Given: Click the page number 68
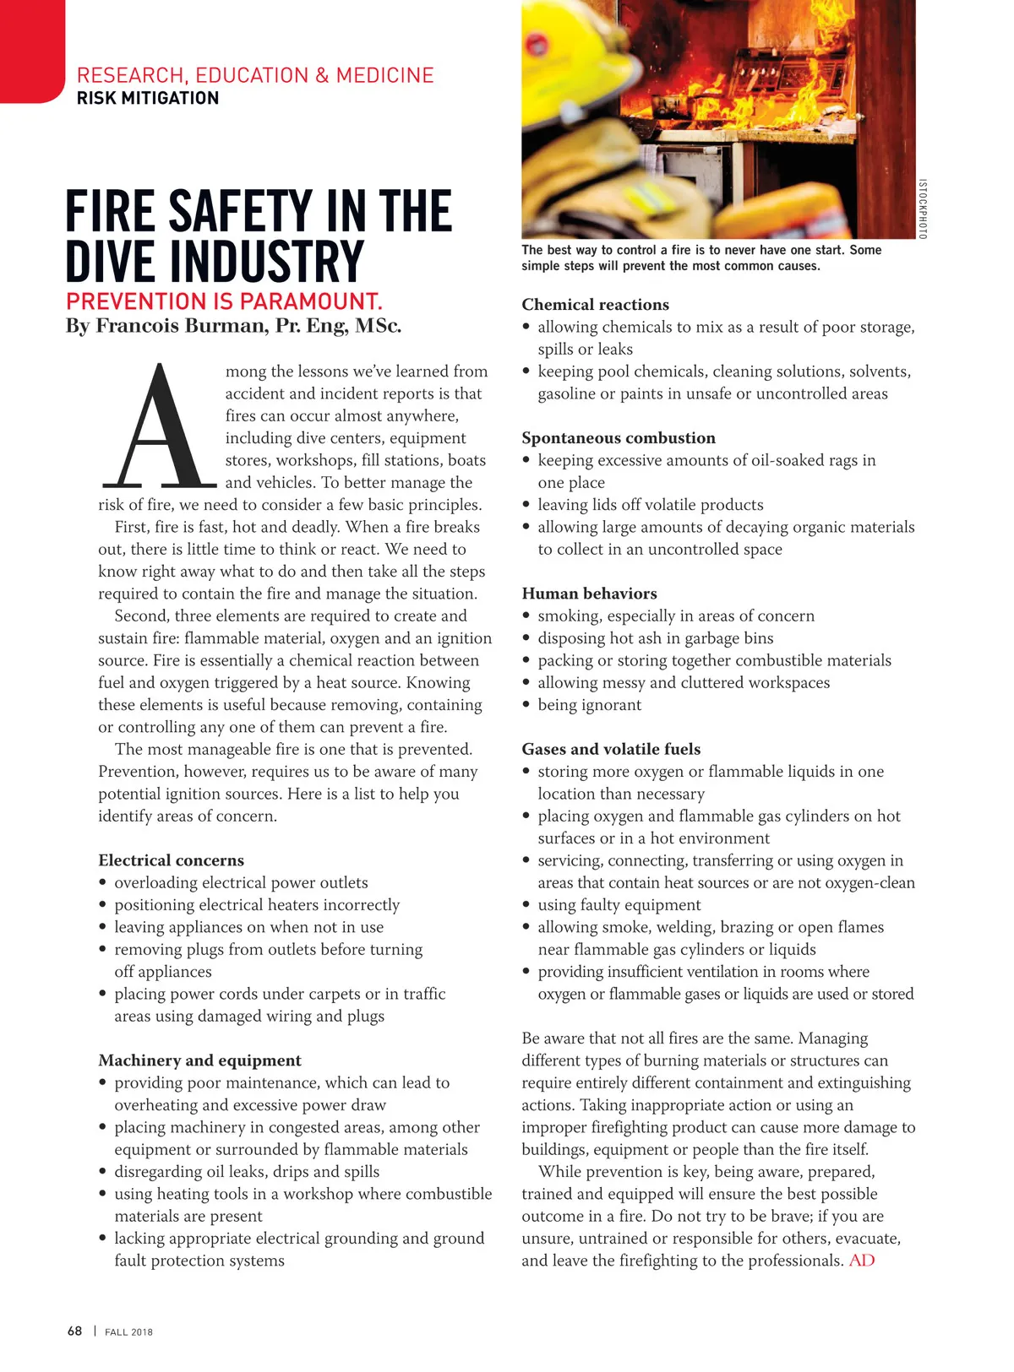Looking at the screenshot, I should coord(75,1331).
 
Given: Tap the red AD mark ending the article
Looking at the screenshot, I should coord(862,1261).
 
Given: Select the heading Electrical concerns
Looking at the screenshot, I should coord(171,860).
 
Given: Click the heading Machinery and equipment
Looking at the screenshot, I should coord(199,1060).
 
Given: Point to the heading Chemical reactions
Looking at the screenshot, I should coord(595,305).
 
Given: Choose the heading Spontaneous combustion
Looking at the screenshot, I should coord(619,438).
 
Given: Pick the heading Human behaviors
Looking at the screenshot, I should coord(589,594).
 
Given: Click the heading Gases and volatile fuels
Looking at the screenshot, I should coord(611,749).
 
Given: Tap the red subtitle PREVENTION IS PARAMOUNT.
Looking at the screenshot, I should coord(224,301).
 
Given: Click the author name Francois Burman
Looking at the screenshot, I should coord(181,326).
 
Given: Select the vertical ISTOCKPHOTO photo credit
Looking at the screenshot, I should coord(923,209).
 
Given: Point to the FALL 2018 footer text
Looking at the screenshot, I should coord(128,1332).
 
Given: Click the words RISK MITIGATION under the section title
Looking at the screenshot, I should coord(148,98).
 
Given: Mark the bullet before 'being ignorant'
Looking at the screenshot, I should coord(526,705).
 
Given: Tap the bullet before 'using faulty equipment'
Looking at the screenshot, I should coord(526,905).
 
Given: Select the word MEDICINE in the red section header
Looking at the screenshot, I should coord(385,75).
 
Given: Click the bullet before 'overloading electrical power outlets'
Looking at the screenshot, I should coord(103,883).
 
